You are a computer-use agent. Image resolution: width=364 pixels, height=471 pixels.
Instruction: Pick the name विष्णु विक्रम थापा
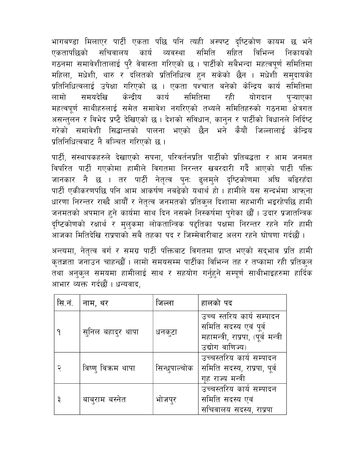(109, 368)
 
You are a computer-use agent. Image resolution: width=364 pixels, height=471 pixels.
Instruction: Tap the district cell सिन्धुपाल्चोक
(174, 368)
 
